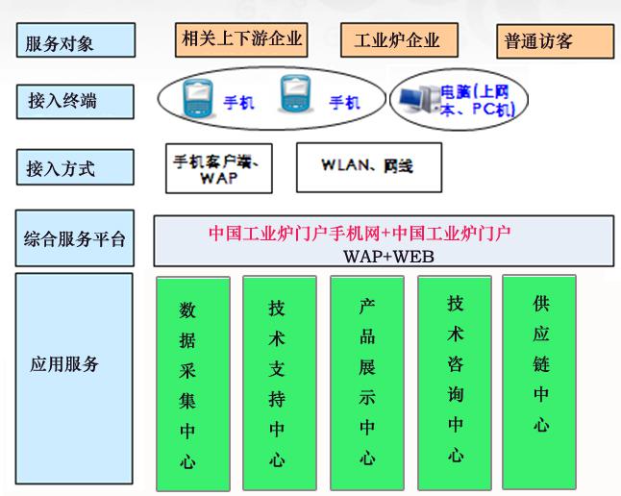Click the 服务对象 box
pos(76,40)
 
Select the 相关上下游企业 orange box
pos(241,39)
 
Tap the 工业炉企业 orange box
pos(399,40)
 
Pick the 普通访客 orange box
pos(556,41)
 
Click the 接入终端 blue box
pos(75,102)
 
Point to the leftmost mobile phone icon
pos(198,97)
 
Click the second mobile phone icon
pos(295,94)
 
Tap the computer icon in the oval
pos(418,99)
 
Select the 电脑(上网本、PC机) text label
pos(478,101)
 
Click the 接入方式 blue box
pos(75,167)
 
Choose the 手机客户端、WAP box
pos(219,168)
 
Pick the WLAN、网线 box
pos(369,167)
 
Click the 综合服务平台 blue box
pos(75,238)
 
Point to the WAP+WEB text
pos(388,257)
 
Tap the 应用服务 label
pos(64,363)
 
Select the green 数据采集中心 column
pos(193,384)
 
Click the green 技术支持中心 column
pos(280,384)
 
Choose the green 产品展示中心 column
pos(367,384)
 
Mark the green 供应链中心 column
pos(539,382)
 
